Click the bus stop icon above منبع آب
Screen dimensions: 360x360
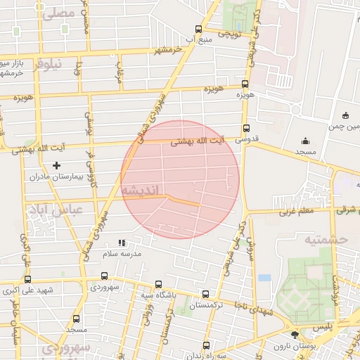point(198,30)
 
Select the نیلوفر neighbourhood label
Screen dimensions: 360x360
point(47,64)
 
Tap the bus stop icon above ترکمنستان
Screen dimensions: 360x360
point(205,295)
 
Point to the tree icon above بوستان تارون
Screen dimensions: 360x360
point(294,334)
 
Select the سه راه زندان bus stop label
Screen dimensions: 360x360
point(205,356)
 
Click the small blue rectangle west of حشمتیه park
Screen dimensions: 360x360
point(264,278)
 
